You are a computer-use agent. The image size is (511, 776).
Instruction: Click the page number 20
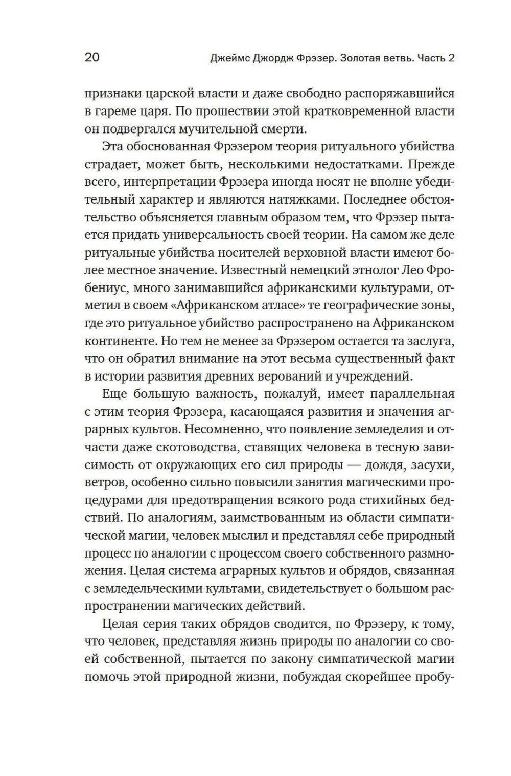[x=92, y=57]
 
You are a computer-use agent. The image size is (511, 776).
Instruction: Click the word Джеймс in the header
[x=229, y=58]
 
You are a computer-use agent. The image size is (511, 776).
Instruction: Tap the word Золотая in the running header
[x=356, y=58]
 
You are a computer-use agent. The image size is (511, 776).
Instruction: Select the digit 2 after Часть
[x=451, y=58]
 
